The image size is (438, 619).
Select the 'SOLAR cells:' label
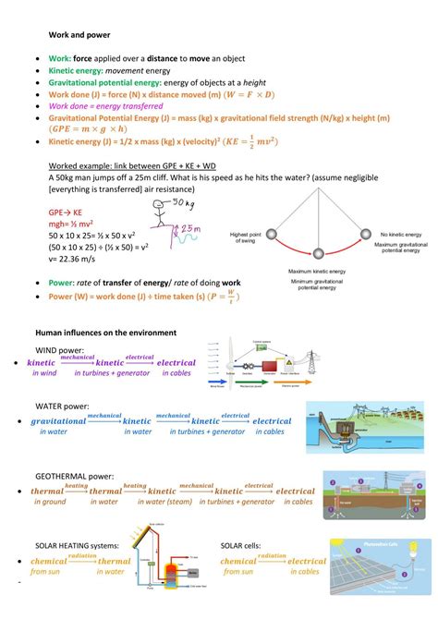click(x=247, y=546)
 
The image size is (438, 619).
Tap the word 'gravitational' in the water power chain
click(x=58, y=421)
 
